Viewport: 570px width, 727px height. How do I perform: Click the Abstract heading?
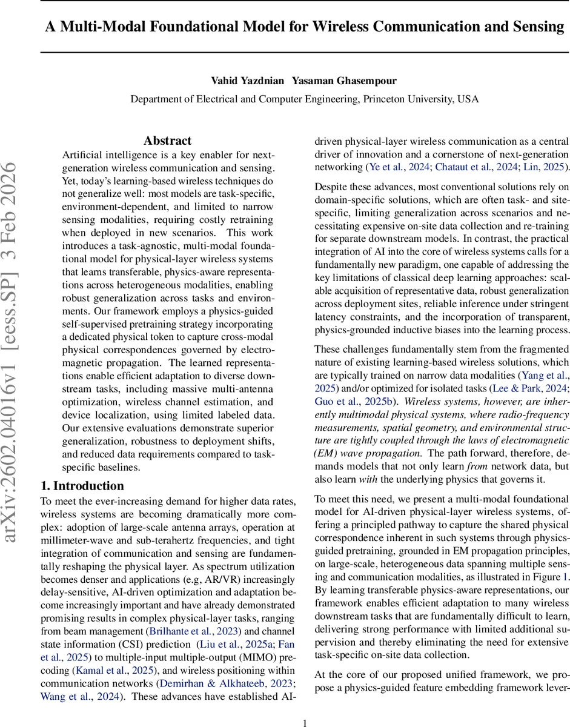point(167,141)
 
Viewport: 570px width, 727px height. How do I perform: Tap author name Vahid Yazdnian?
point(234,81)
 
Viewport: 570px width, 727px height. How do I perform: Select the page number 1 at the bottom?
point(305,722)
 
